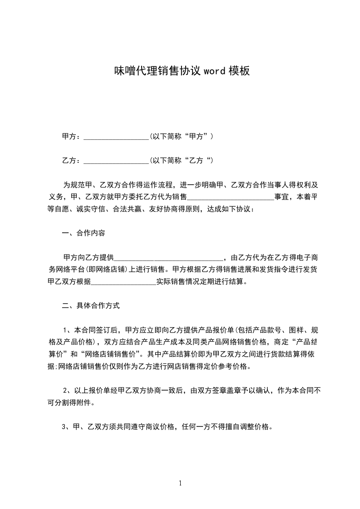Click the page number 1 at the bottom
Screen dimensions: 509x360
tap(180, 483)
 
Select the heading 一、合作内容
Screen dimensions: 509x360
tap(84, 234)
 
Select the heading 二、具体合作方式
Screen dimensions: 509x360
tap(91, 306)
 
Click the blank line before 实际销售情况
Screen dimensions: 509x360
tap(123, 281)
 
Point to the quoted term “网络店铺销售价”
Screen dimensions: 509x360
tap(106, 354)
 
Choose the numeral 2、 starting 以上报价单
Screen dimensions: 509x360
tap(67, 390)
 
